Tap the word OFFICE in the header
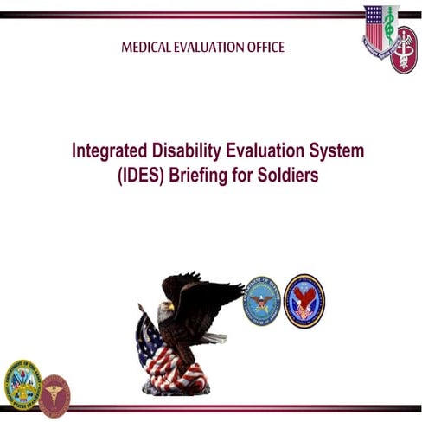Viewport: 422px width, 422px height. coord(262,47)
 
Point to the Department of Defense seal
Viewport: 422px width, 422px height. coord(260,300)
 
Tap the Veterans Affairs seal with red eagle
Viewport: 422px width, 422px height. coord(304,300)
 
